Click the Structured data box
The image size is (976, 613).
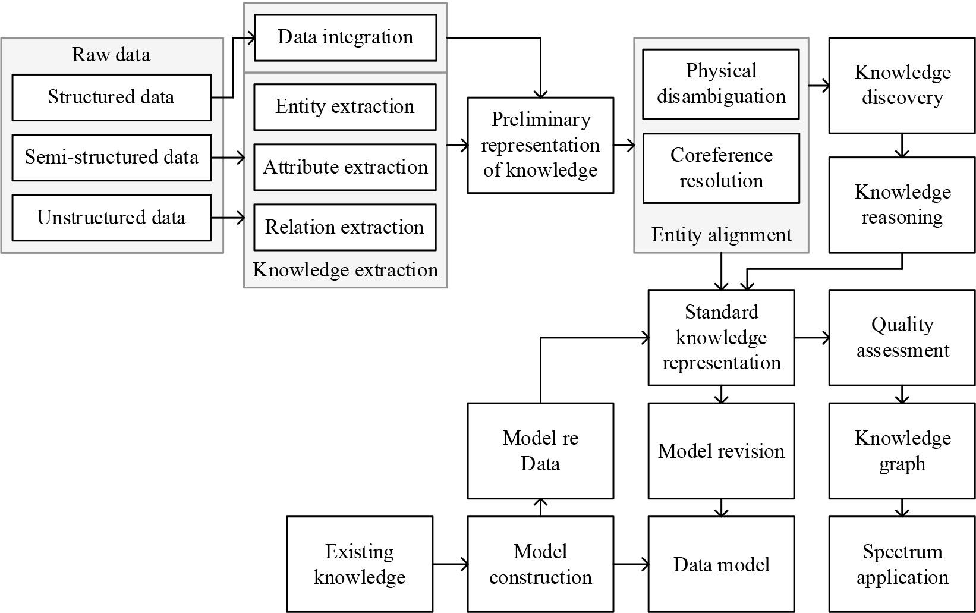click(x=111, y=97)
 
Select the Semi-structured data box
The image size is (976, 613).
click(x=111, y=158)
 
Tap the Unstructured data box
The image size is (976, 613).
click(x=111, y=218)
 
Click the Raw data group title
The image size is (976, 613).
click(x=111, y=55)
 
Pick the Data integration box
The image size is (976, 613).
click(x=345, y=37)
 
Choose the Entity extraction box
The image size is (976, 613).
click(x=345, y=107)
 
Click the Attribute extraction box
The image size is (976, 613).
click(x=345, y=167)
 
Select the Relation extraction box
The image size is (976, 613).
click(x=345, y=227)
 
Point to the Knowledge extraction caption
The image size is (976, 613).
click(x=345, y=270)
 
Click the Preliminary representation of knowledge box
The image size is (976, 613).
click(x=540, y=145)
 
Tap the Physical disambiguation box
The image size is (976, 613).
click(x=721, y=84)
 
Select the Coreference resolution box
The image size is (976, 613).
click(x=721, y=168)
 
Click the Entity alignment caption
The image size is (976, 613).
click(x=721, y=235)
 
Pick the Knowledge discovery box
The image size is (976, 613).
click(x=902, y=85)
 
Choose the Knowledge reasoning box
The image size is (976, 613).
click(x=902, y=205)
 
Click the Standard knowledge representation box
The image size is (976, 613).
click(x=721, y=337)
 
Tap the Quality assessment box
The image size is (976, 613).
click(x=902, y=337)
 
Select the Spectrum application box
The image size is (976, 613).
click(x=902, y=564)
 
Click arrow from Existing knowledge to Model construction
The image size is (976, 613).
click(x=450, y=564)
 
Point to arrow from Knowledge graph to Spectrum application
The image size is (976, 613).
click(x=902, y=507)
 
